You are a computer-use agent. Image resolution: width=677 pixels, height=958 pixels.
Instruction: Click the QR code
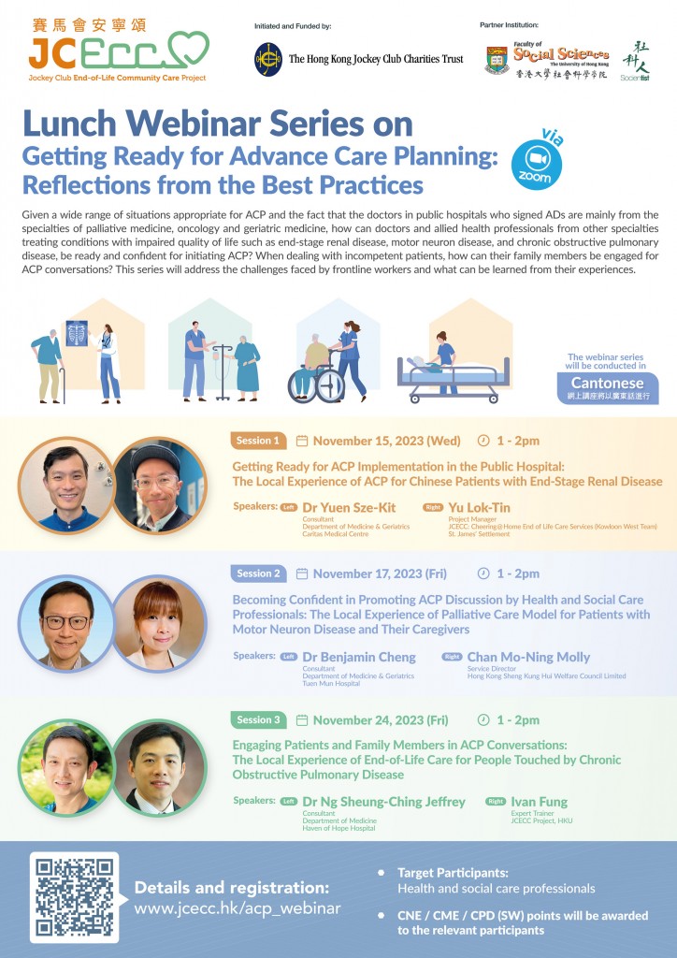pos(75,895)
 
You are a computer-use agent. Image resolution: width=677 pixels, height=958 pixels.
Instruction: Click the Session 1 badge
pos(257,441)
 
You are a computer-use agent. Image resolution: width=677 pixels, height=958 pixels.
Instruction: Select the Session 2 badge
pos(259,573)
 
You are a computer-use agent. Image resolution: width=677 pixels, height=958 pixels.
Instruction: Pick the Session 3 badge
pos(259,719)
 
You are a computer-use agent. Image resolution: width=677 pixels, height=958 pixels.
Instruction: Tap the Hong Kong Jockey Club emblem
pos(268,59)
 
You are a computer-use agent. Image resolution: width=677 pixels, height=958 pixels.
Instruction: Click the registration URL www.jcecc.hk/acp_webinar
pos(238,907)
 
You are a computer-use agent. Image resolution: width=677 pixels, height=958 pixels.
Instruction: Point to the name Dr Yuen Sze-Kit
pos(349,507)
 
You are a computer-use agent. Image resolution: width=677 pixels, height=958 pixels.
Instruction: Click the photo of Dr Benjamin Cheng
pos(65,623)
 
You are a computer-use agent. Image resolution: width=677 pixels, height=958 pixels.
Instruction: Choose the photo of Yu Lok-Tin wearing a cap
pos(158,485)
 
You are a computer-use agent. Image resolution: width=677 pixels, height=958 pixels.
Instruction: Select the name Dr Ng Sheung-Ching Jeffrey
pos(384,802)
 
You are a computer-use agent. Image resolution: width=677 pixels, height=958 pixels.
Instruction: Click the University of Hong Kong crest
pos(498,61)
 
